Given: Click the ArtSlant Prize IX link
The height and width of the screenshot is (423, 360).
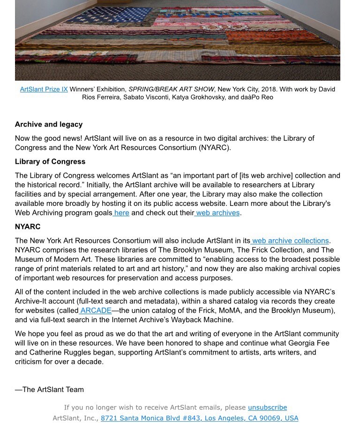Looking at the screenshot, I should pos(44,89).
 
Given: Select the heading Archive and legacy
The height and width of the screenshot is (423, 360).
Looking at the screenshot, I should pos(49,124).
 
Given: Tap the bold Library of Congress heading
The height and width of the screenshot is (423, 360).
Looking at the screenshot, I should pos(50,161).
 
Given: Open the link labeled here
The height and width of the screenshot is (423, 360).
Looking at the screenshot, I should pos(121,212).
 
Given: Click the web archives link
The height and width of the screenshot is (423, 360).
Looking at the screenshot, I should pos(218,212).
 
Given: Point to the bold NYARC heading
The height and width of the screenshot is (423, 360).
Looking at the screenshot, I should pos(28,227).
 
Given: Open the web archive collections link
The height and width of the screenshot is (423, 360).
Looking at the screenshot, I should pos(290,241).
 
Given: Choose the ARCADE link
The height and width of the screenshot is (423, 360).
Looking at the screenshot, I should pos(96,310).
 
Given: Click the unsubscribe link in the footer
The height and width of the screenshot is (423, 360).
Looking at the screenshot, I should pos(267,408).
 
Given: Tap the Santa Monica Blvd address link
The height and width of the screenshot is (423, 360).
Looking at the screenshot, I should pos(199,418).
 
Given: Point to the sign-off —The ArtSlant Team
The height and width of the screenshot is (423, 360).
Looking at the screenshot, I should pos(49,389).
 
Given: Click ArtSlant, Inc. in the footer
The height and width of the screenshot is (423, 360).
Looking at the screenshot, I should pos(74,418).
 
